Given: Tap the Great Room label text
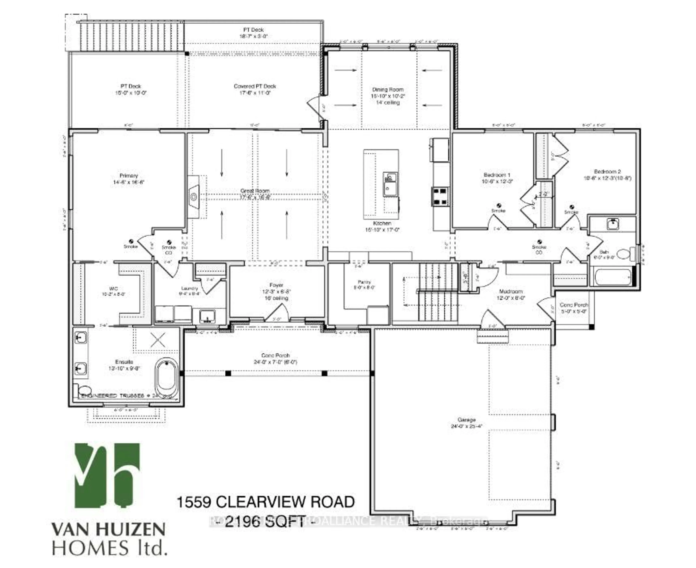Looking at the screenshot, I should pos(255,191).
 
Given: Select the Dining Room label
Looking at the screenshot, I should pos(388,89).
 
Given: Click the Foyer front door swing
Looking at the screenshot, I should pos(277,313).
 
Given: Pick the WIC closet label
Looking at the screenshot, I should pos(113,289).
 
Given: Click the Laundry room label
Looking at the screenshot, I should pos(189,288).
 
